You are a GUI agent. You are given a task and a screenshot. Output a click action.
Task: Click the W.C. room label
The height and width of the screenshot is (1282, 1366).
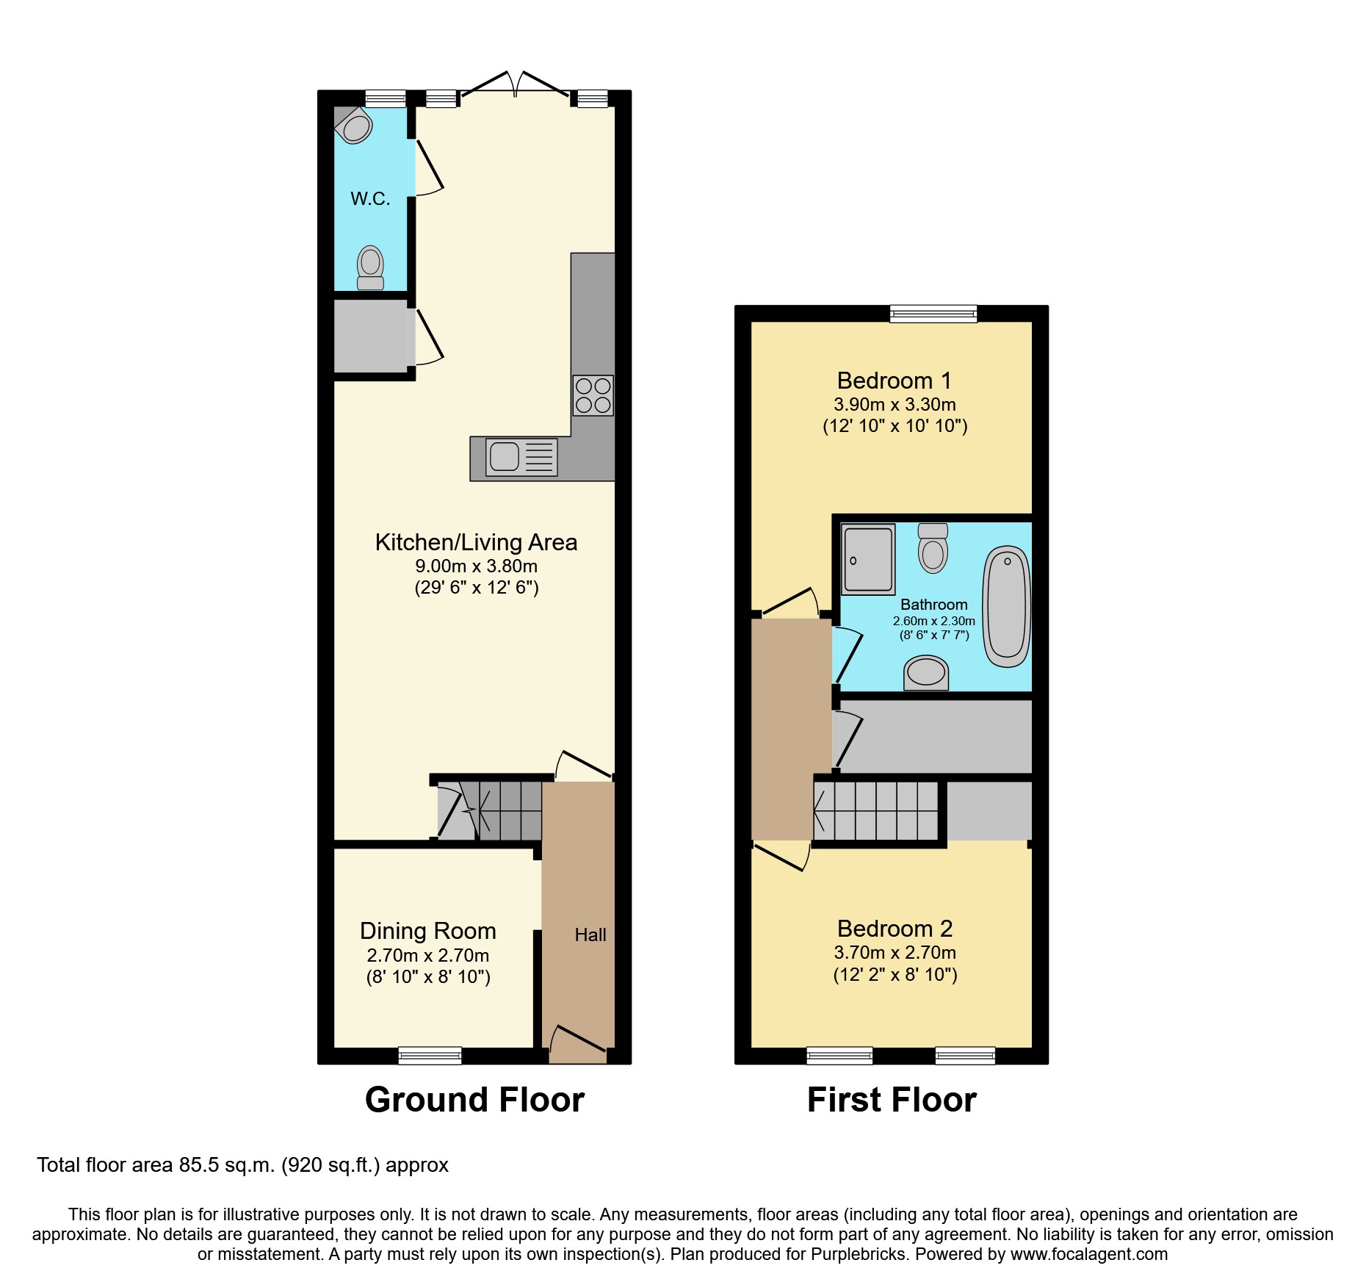370,198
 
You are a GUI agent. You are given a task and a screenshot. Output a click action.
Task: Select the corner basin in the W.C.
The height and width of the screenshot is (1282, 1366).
356,126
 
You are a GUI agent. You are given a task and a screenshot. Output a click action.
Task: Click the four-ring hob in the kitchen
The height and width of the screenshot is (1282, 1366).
593,395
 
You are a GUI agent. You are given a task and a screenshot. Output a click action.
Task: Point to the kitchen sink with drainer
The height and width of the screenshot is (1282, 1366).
521,457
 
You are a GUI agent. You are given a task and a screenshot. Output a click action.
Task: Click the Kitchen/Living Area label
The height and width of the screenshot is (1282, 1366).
476,542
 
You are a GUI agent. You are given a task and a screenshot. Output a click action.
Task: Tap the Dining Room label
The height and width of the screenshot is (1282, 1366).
427,931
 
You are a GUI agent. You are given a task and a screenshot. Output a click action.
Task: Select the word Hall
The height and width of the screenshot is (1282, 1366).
590,935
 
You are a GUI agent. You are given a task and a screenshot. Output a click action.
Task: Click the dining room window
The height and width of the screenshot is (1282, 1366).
430,1056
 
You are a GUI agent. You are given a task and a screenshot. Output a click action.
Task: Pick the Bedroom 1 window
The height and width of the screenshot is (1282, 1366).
933,314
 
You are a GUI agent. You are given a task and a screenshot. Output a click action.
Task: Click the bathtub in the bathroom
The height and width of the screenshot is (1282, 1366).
1006,606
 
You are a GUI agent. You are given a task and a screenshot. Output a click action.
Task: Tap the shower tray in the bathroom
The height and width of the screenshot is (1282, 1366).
868,559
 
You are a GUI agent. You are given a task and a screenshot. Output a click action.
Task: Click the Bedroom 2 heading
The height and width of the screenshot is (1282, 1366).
895,929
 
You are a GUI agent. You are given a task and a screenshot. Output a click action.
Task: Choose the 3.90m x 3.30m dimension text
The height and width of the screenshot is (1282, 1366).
895,404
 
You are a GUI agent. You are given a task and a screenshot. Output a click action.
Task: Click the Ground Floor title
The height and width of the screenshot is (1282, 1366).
474,1100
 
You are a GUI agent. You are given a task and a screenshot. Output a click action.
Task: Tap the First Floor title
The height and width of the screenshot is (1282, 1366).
892,1100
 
